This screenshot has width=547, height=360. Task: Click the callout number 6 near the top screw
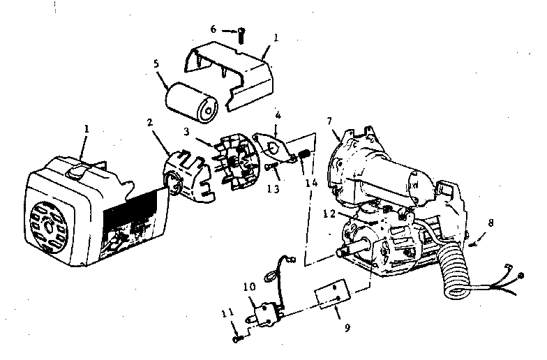(213, 29)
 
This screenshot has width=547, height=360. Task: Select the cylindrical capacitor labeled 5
(191, 103)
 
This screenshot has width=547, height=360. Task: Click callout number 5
(156, 64)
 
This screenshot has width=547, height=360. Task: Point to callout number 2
(150, 123)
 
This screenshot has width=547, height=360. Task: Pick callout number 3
(187, 131)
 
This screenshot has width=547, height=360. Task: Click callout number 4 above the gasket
(278, 114)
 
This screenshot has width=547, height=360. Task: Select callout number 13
(273, 188)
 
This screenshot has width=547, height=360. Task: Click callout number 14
(311, 183)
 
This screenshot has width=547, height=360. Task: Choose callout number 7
(329, 121)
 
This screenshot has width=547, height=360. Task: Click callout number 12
(329, 213)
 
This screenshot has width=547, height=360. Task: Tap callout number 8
(491, 223)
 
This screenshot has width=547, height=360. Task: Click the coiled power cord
(454, 272)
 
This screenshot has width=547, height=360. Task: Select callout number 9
(347, 328)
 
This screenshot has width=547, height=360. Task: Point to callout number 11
(227, 313)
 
